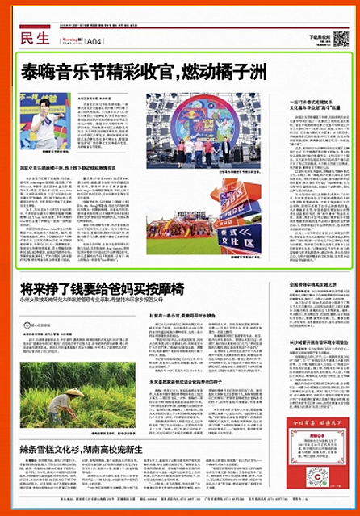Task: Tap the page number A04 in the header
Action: [x=94, y=41]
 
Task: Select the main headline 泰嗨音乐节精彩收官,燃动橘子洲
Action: [x=143, y=72]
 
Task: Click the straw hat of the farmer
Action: [x=75, y=392]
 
